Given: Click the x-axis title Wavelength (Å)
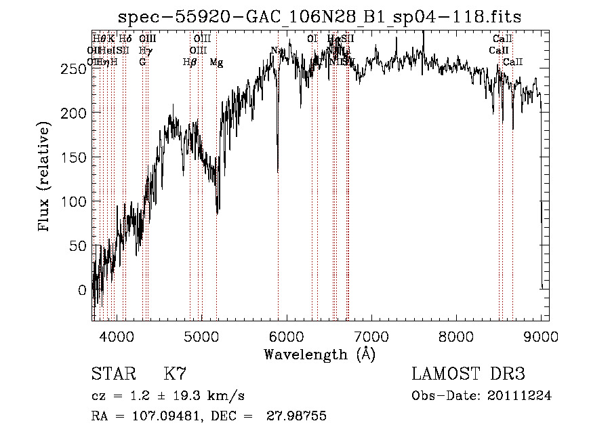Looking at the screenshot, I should click(x=319, y=354).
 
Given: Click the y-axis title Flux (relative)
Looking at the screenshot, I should click(x=45, y=178).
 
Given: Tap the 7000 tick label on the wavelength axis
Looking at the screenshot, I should click(x=371, y=337).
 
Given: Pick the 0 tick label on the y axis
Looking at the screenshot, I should click(x=83, y=290).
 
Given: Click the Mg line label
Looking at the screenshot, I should click(x=216, y=62).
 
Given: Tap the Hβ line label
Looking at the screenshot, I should click(x=190, y=62).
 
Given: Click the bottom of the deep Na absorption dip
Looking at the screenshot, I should click(x=278, y=171).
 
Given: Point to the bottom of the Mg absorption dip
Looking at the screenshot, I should click(x=217, y=213).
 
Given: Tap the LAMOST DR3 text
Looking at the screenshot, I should click(x=468, y=374).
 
